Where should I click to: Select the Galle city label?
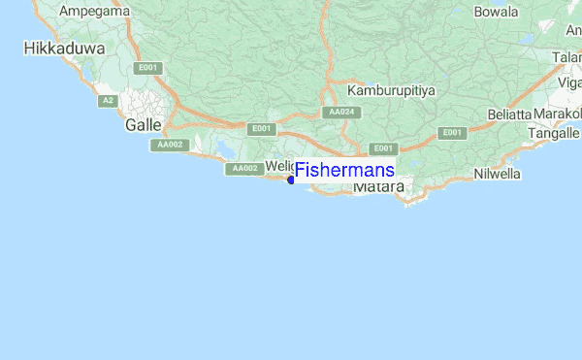[x=144, y=125]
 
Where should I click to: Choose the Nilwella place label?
[x=498, y=174]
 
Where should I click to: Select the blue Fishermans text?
[x=345, y=170]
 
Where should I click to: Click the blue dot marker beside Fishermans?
[x=291, y=180]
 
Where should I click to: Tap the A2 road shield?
[x=108, y=101]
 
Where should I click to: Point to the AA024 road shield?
[x=340, y=113]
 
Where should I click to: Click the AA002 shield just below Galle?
[x=168, y=145]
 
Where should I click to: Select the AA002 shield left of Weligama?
[x=244, y=169]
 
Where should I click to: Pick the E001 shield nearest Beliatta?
[x=451, y=132]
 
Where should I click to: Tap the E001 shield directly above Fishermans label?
[x=385, y=148]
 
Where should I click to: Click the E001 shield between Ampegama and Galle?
[x=148, y=68]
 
